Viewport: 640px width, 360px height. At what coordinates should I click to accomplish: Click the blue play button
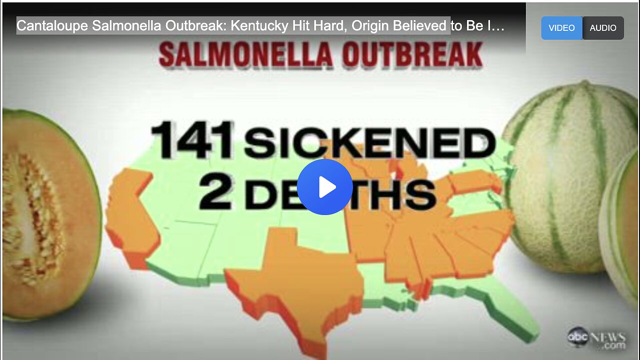(x=325, y=187)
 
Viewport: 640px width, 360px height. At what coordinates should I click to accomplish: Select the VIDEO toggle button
(x=561, y=28)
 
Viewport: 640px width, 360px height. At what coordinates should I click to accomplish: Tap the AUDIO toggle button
(x=602, y=28)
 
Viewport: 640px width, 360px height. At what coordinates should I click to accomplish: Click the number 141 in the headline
(x=192, y=141)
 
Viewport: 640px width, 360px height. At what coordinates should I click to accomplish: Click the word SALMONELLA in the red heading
(x=246, y=55)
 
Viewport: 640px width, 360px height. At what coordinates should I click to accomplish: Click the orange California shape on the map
(x=131, y=220)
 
